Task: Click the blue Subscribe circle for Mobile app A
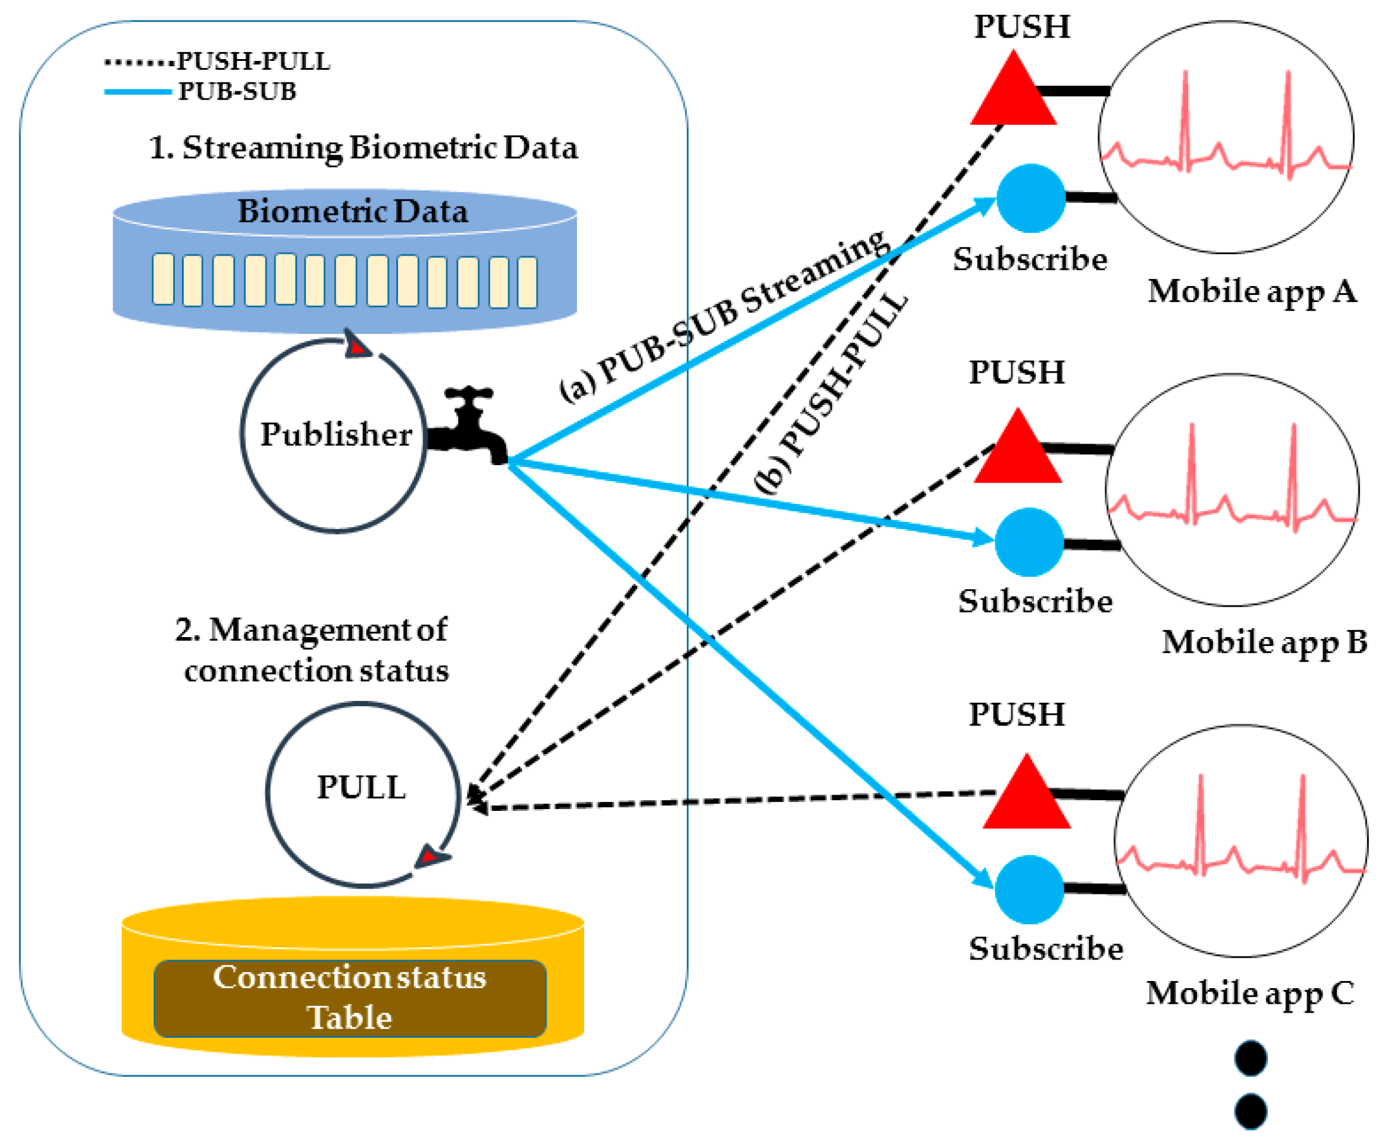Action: click(1030, 198)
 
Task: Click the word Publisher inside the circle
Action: click(336, 435)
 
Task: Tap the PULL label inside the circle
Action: click(362, 787)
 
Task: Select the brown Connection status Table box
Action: click(350, 998)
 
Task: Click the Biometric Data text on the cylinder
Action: click(353, 211)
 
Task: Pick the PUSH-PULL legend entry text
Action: click(254, 61)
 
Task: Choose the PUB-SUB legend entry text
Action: click(237, 91)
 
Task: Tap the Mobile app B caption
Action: click(1263, 642)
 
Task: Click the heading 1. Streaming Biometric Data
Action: click(363, 147)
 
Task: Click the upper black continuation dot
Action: click(1250, 1058)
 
